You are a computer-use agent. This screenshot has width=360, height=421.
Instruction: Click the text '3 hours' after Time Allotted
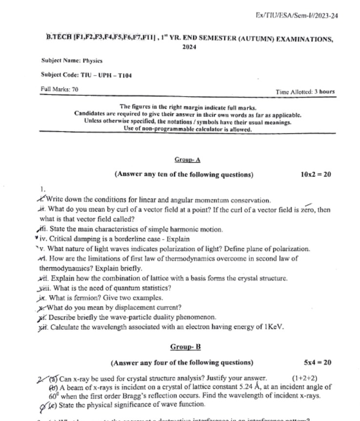324,91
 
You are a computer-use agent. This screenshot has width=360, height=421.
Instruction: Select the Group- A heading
187,160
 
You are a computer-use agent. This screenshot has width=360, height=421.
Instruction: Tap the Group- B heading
186,347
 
